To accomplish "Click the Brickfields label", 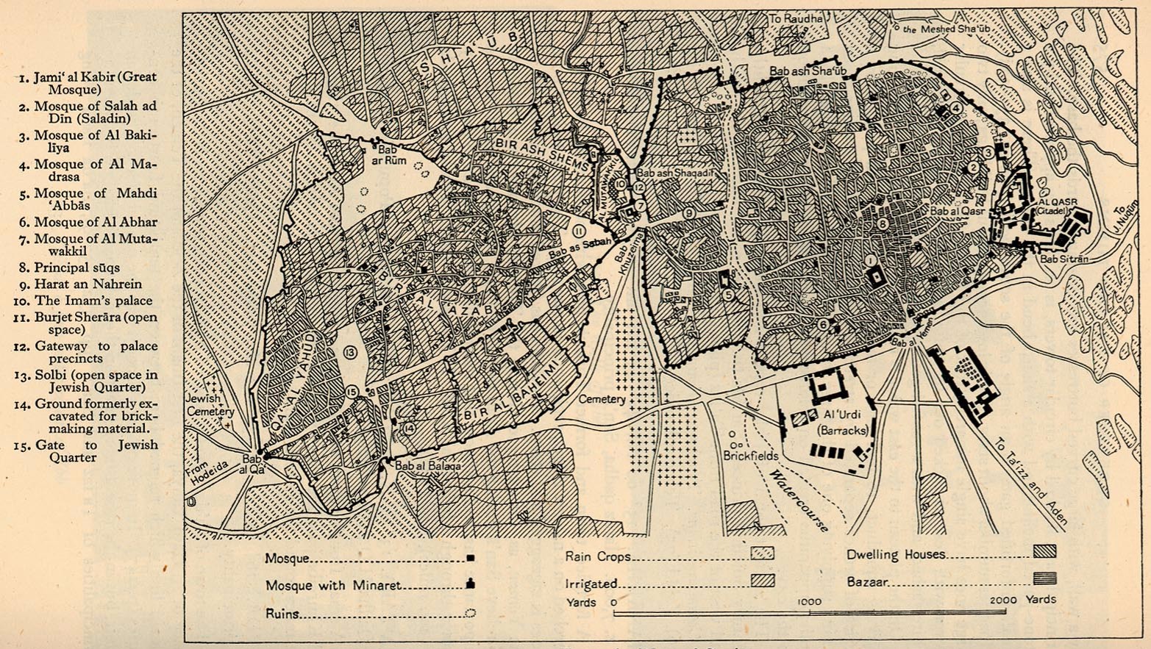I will (750, 456).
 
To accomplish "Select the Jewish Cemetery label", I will (210, 405).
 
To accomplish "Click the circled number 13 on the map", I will (349, 354).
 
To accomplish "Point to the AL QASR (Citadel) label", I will (1057, 205).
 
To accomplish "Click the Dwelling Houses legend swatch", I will (1044, 551).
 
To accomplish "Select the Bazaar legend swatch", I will (1044, 579).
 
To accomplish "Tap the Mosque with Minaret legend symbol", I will (470, 584).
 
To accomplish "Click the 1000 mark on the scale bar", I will (809, 602).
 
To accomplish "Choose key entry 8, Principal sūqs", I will (76, 268).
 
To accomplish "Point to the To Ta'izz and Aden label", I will (1030, 481).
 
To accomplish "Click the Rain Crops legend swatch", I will (762, 553).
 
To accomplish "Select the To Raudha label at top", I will (796, 18).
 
